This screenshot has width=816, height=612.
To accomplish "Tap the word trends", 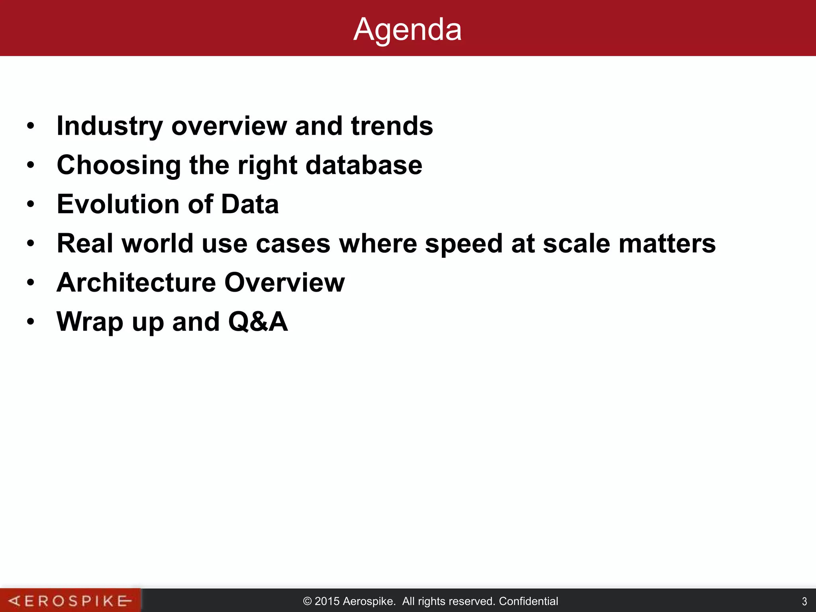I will pos(392,126).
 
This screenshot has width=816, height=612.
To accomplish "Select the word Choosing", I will pos(119,165).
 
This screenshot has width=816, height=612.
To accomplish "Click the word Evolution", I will pos(118,204).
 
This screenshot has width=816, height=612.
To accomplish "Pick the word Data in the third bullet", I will pos(250,204).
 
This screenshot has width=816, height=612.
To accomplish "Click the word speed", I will pos(463,243).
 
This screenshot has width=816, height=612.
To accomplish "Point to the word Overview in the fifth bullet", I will pos(284,282).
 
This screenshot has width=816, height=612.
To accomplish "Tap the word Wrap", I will pos(90,322).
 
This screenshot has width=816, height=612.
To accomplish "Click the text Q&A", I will pos(258,322).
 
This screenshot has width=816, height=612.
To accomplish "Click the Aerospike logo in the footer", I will pos(70,600).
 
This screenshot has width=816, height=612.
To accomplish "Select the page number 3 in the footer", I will pos(804,601).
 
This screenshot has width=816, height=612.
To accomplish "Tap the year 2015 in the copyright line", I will pos(327,601).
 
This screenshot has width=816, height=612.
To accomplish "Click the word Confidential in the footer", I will pos(528,601).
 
